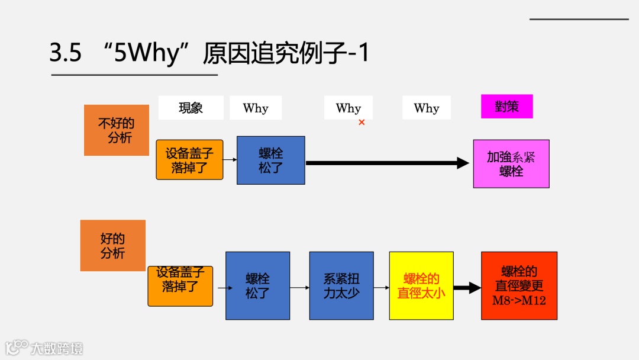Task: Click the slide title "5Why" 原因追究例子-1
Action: (209, 54)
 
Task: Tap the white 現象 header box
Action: (191, 108)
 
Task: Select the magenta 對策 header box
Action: (506, 107)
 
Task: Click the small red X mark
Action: (362, 123)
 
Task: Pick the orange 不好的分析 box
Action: (117, 130)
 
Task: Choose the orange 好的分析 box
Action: (113, 246)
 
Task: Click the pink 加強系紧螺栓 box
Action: (511, 164)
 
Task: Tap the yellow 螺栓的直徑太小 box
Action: (421, 286)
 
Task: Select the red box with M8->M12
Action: (519, 286)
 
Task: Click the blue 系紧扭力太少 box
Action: (341, 286)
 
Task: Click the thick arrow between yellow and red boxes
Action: (467, 288)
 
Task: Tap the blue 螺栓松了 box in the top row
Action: (271, 160)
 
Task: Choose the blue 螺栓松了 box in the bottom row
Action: (257, 286)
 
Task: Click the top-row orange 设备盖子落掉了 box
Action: (189, 160)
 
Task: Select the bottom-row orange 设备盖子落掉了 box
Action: (180, 286)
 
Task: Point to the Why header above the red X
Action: (348, 108)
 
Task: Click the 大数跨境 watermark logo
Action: (44, 348)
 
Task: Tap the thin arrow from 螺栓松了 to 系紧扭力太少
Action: (299, 288)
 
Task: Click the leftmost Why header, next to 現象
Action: (256, 108)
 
